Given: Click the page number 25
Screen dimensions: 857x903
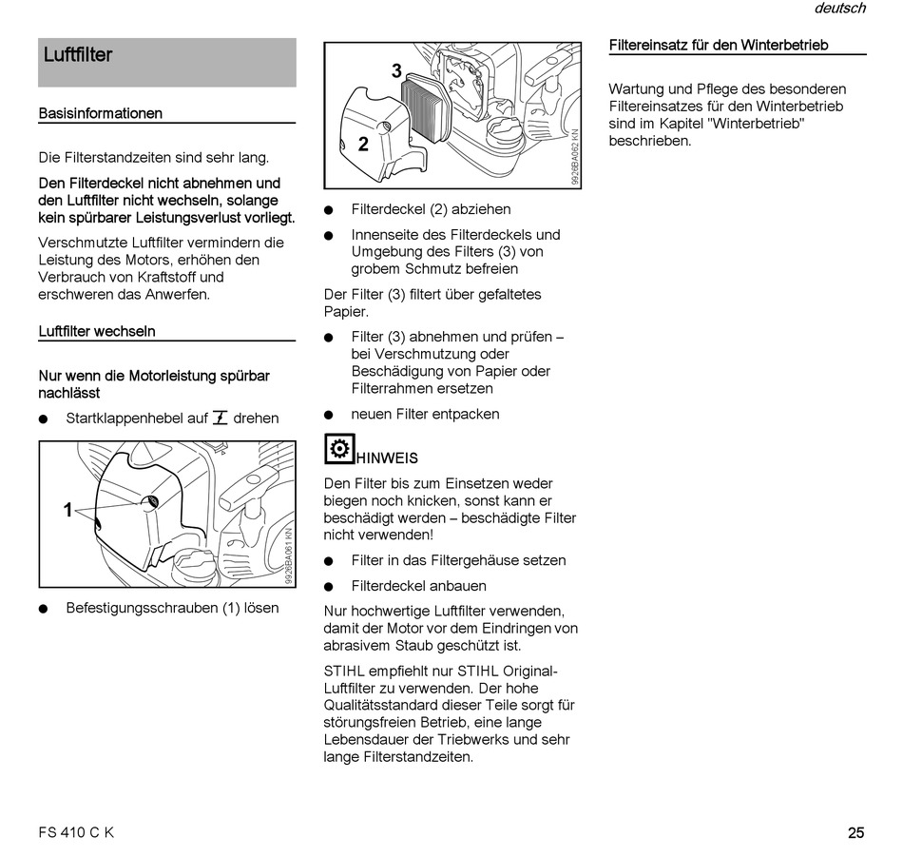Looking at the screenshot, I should tap(855, 833).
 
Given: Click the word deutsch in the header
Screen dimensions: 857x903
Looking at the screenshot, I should tap(839, 9).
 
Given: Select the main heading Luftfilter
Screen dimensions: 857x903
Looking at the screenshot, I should tap(78, 55).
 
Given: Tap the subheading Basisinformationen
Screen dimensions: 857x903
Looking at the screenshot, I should tap(100, 113).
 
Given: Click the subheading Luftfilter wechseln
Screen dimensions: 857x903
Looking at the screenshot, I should tap(97, 331).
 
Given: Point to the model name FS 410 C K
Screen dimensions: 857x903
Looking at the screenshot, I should tap(76, 833).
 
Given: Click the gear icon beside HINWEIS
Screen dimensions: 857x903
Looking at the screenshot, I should tap(339, 448).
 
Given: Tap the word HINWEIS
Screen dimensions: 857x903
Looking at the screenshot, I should tap(387, 458).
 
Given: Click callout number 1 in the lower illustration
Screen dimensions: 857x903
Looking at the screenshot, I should tap(67, 511).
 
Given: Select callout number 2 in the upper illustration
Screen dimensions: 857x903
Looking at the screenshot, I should tap(363, 145).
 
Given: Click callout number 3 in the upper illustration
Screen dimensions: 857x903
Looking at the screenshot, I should tap(396, 70).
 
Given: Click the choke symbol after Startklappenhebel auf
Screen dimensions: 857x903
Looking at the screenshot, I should tap(221, 418).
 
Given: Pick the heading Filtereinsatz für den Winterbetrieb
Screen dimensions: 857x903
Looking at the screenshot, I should tap(718, 45).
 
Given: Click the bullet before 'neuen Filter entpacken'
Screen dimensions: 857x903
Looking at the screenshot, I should tap(329, 415).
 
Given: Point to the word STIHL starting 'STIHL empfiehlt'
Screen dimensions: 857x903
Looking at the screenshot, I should tap(343, 671).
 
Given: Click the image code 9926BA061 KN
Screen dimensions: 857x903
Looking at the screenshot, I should tap(289, 557).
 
